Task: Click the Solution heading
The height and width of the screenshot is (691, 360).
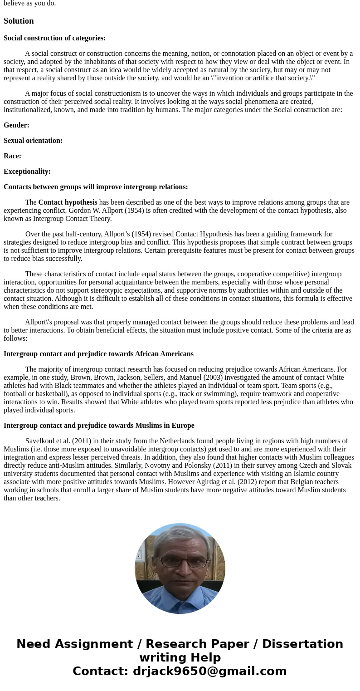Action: coord(19,21)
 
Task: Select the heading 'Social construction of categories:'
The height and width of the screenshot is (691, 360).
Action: coord(54,38)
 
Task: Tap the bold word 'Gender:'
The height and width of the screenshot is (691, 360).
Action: coord(16,125)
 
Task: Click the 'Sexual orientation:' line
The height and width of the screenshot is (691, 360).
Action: coord(33,141)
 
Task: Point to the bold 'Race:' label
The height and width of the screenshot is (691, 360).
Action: coord(12,156)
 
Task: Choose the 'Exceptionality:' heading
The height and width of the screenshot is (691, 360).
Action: coord(27,172)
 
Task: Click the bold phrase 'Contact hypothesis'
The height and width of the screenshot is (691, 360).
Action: coord(68,202)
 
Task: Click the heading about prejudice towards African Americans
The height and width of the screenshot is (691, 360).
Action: coord(98,354)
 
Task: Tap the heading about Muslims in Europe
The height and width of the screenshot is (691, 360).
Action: coord(99,426)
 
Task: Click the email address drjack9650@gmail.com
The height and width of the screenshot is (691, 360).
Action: coord(209,671)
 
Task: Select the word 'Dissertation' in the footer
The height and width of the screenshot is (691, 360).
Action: coord(302,644)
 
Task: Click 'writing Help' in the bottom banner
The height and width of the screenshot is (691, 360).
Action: coord(180,658)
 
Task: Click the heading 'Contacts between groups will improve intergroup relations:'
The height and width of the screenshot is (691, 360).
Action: coord(96,187)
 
